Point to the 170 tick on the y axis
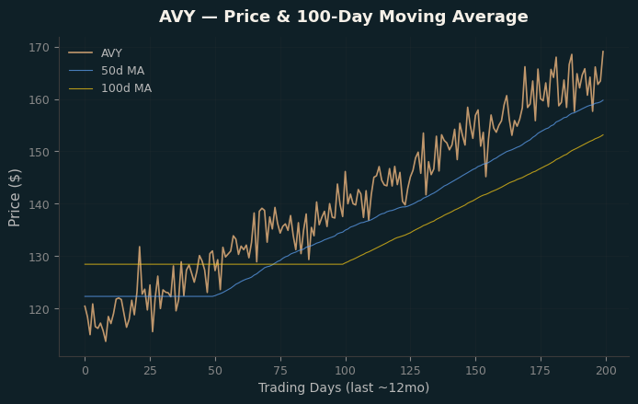point(39,48)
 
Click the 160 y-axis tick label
point(39,99)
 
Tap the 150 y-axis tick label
point(39,152)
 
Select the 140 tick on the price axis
point(39,204)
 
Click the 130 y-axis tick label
point(39,257)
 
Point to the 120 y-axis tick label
point(39,309)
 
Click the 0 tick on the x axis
point(85,371)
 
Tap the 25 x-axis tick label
point(150,371)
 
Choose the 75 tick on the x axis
point(280,371)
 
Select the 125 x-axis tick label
point(411,371)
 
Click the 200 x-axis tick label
point(606,371)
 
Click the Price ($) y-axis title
point(14,198)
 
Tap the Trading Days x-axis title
point(344,387)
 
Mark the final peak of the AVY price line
point(603,52)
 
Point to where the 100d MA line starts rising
point(343,264)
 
